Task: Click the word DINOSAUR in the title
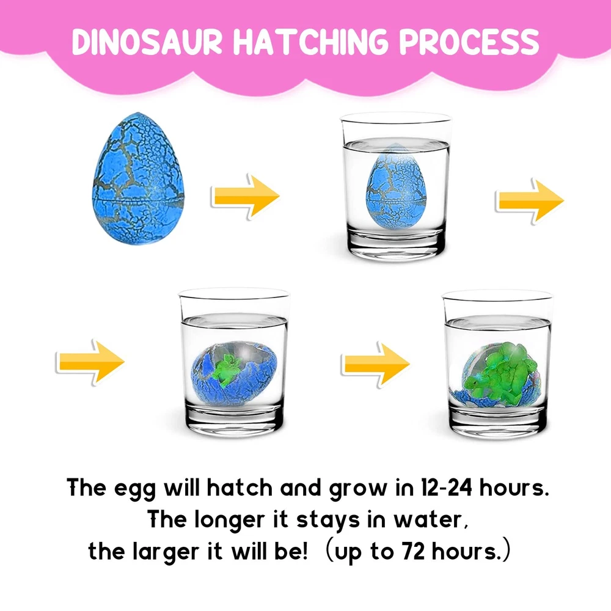tap(147, 42)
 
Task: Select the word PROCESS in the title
tap(469, 42)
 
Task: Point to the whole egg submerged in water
tap(396, 186)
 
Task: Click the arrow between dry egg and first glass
tap(246, 196)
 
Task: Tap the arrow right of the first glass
tap(530, 200)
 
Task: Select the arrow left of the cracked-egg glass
tap(90, 362)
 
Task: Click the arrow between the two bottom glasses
tap(375, 364)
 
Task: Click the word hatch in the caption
tap(240, 487)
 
